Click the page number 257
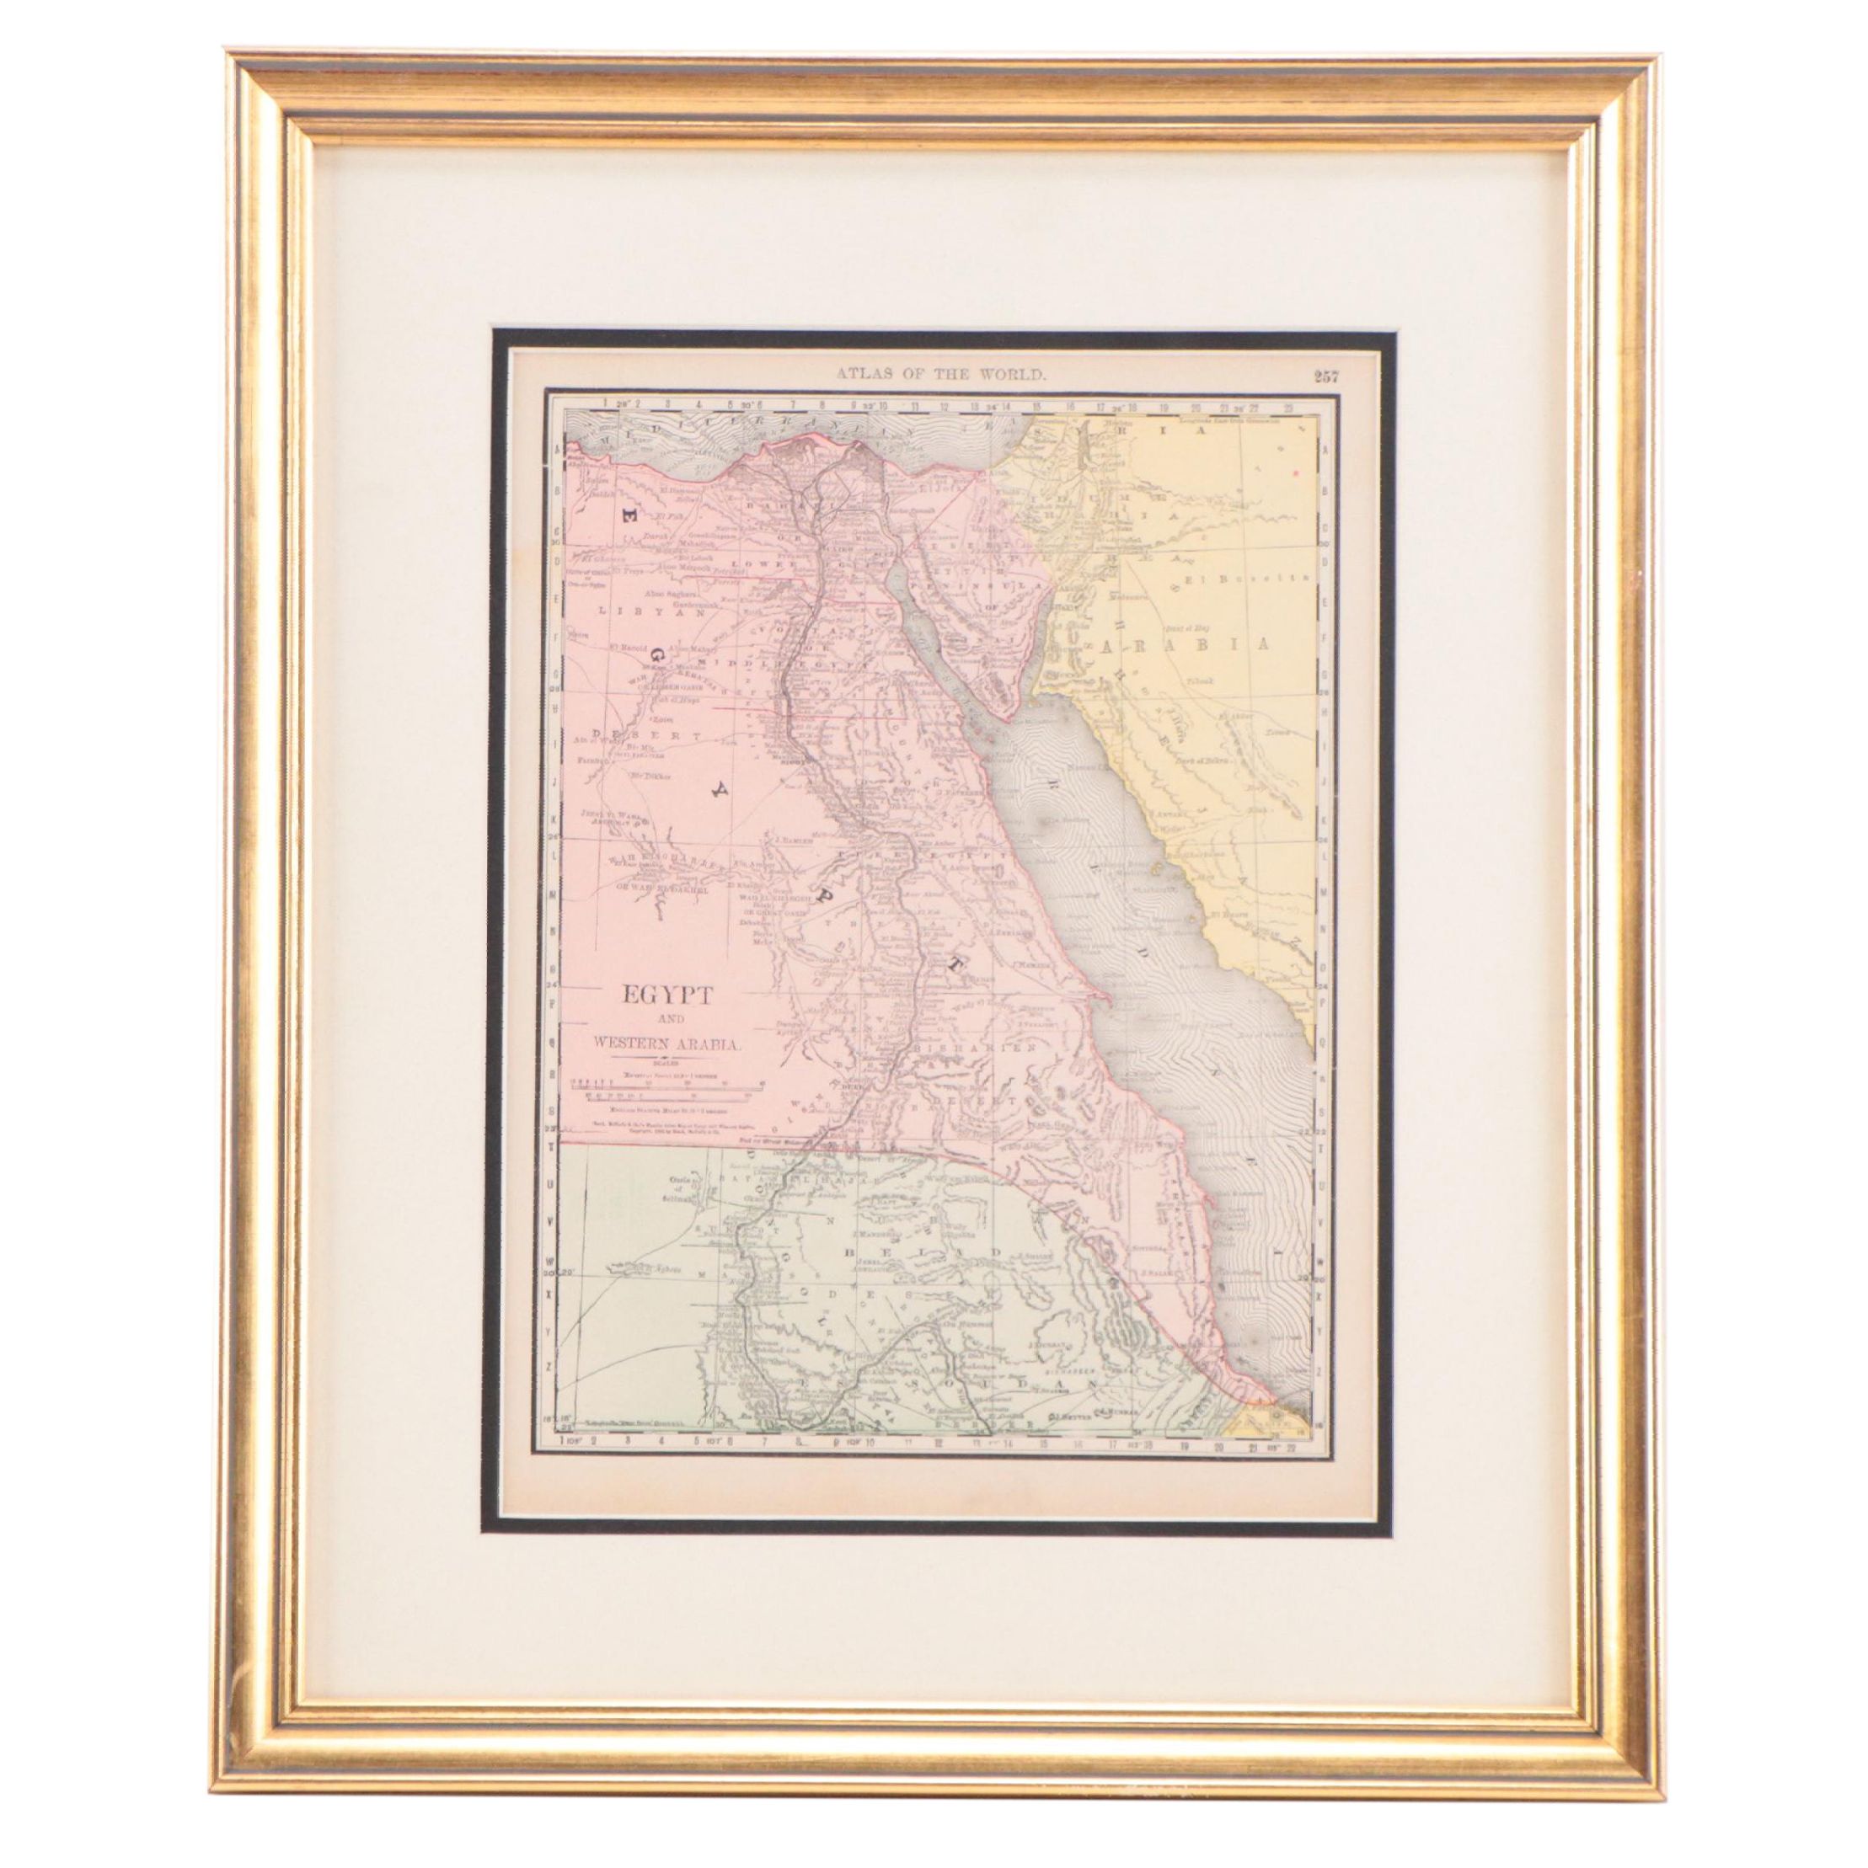coord(1327,377)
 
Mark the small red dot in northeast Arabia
coord(1295,472)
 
